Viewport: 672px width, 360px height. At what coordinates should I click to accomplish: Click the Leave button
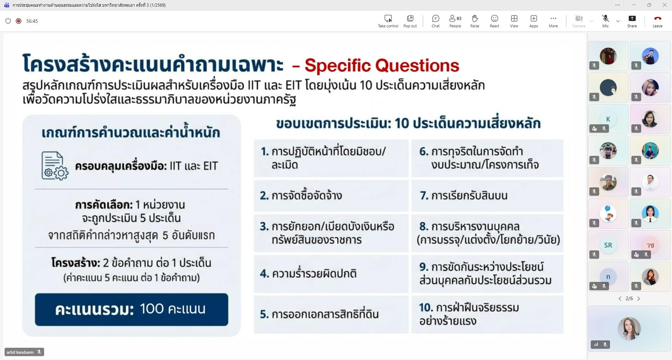point(657,21)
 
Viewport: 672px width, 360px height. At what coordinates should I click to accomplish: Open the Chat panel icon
point(436,21)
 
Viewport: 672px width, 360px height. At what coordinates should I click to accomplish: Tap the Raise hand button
point(474,21)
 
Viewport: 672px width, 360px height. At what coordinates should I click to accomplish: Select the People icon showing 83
point(455,21)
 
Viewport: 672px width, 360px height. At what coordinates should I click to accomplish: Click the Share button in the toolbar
point(632,21)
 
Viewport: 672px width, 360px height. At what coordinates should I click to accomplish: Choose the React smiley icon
point(494,21)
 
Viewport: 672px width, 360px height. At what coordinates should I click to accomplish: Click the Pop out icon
point(410,21)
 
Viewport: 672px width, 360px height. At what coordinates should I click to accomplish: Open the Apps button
point(534,21)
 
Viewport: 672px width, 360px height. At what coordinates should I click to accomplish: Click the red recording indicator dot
point(19,21)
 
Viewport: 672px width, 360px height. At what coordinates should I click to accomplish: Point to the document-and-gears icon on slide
point(55,166)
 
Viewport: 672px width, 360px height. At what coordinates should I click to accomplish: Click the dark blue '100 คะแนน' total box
point(131,310)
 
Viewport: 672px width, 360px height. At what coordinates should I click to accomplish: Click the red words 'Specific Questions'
point(382,65)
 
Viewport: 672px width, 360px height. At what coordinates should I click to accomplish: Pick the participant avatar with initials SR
point(608,245)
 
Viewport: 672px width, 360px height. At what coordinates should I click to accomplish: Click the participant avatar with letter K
point(608,119)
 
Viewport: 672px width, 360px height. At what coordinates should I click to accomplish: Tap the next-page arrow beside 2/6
point(639,299)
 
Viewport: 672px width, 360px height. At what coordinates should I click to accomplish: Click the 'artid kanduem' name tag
point(24,352)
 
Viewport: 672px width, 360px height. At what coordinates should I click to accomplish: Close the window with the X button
point(664,5)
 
